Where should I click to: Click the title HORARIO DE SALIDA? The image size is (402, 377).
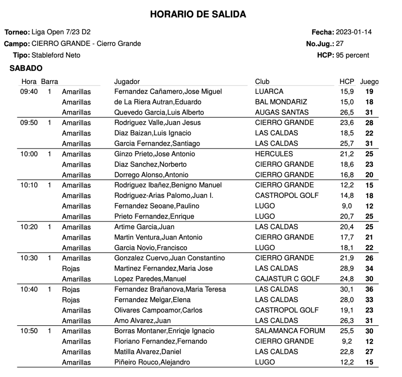coord(198,15)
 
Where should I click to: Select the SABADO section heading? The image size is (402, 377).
coord(26,68)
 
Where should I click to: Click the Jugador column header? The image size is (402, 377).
coord(127,82)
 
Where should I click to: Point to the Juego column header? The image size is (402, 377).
coord(369,82)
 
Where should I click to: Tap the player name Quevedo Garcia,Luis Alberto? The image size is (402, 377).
coord(159,112)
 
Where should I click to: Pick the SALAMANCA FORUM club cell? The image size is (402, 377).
coord(290,331)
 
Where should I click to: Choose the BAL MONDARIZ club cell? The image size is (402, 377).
coord(281,102)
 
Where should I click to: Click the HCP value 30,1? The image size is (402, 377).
coord(347,289)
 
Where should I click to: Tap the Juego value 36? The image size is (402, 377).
coord(369,289)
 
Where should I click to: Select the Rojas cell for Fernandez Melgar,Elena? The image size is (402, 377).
coord(71,300)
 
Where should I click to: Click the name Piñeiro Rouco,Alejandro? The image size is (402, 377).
coord(152,362)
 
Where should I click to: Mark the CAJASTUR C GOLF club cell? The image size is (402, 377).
coord(287,279)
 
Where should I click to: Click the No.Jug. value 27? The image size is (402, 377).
coord(340,44)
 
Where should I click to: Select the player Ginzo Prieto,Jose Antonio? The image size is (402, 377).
coord(154,154)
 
